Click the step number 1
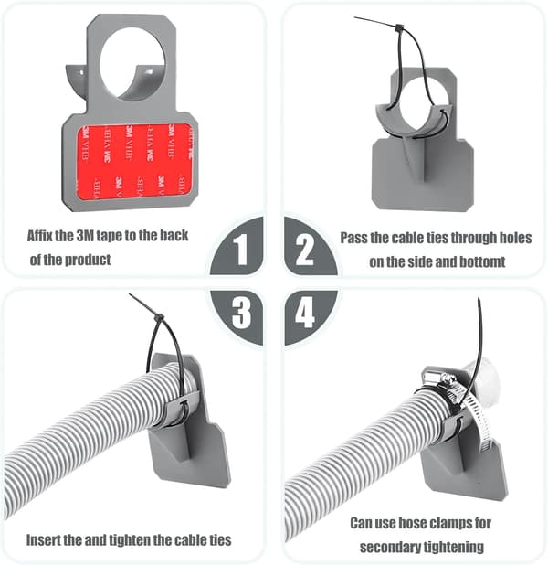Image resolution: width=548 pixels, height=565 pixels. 240,250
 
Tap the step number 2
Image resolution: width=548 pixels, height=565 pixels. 305,250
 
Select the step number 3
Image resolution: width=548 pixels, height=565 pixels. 242,313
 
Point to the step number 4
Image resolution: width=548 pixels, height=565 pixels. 305,313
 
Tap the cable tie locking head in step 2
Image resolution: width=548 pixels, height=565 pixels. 399,27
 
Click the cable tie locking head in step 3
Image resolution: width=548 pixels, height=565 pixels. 158,318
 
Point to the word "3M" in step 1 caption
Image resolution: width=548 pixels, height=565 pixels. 85,236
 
